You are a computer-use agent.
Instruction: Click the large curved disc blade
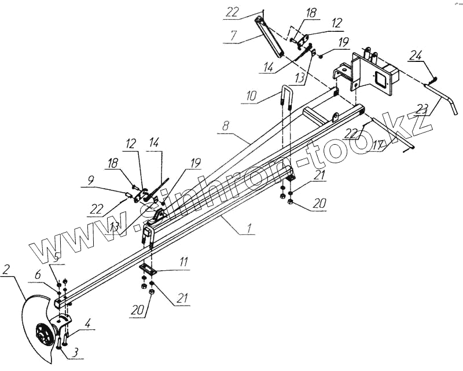click(x=32, y=330)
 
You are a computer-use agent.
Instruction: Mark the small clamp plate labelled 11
click(x=150, y=270)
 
